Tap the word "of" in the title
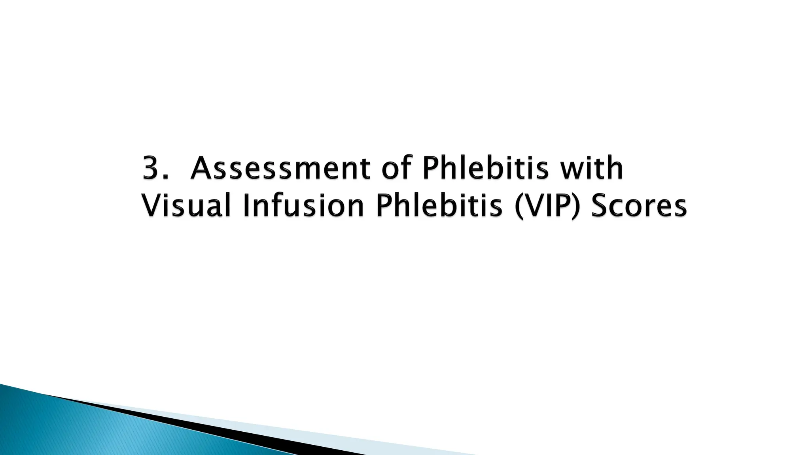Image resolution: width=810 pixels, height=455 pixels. click(x=396, y=168)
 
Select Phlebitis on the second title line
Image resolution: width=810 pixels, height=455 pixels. click(x=439, y=206)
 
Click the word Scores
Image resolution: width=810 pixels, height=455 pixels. click(x=639, y=206)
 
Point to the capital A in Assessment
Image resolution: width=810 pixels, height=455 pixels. click(x=202, y=168)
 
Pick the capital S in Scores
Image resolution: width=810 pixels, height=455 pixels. click(x=600, y=206)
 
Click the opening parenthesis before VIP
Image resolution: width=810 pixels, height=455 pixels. click(x=519, y=207)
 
